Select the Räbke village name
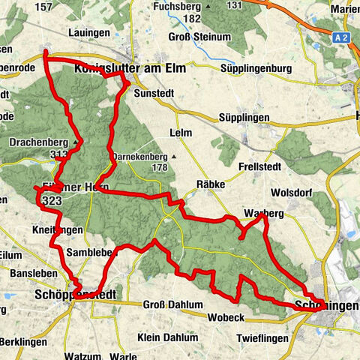[208, 182]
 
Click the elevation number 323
[52, 201]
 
